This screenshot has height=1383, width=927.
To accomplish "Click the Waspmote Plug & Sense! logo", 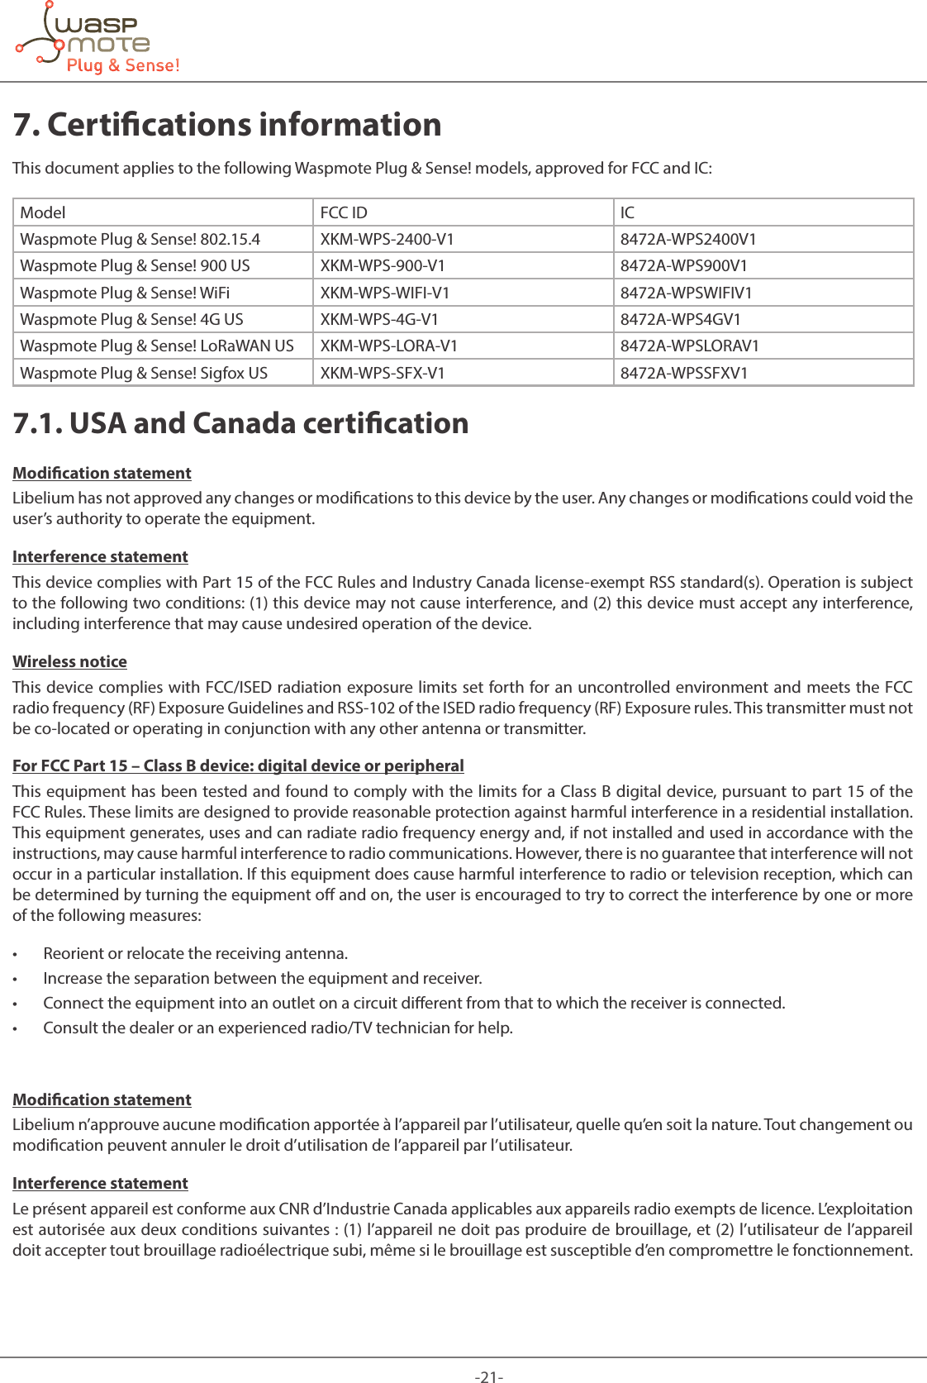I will click(97, 40).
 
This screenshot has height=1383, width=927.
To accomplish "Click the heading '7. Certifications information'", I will click(227, 125).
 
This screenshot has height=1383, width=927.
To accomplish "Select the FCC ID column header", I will click(344, 212).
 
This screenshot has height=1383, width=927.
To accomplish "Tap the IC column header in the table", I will click(628, 212).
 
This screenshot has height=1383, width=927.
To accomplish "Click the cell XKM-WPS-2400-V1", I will click(387, 239).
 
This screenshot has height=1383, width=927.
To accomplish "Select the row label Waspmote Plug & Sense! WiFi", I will click(125, 293).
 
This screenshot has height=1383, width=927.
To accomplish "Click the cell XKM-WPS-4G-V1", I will click(379, 319).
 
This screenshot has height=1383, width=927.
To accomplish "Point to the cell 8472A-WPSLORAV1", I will click(689, 346).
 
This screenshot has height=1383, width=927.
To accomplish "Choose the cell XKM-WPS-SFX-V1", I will click(382, 373).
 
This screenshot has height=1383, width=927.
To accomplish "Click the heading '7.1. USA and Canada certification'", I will click(240, 423).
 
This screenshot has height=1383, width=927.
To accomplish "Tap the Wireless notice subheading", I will click(69, 661).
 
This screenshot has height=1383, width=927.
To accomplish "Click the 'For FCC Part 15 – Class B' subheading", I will click(238, 765).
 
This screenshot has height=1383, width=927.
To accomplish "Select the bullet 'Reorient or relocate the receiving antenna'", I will click(195, 953).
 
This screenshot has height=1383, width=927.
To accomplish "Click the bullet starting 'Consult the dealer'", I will click(278, 1028).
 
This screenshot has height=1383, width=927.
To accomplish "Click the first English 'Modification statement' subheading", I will click(102, 473).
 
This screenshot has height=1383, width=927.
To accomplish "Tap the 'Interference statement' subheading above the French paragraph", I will click(100, 1183).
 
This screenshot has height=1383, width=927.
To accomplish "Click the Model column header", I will click(43, 212).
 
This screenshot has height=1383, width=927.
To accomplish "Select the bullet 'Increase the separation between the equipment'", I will click(262, 978).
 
